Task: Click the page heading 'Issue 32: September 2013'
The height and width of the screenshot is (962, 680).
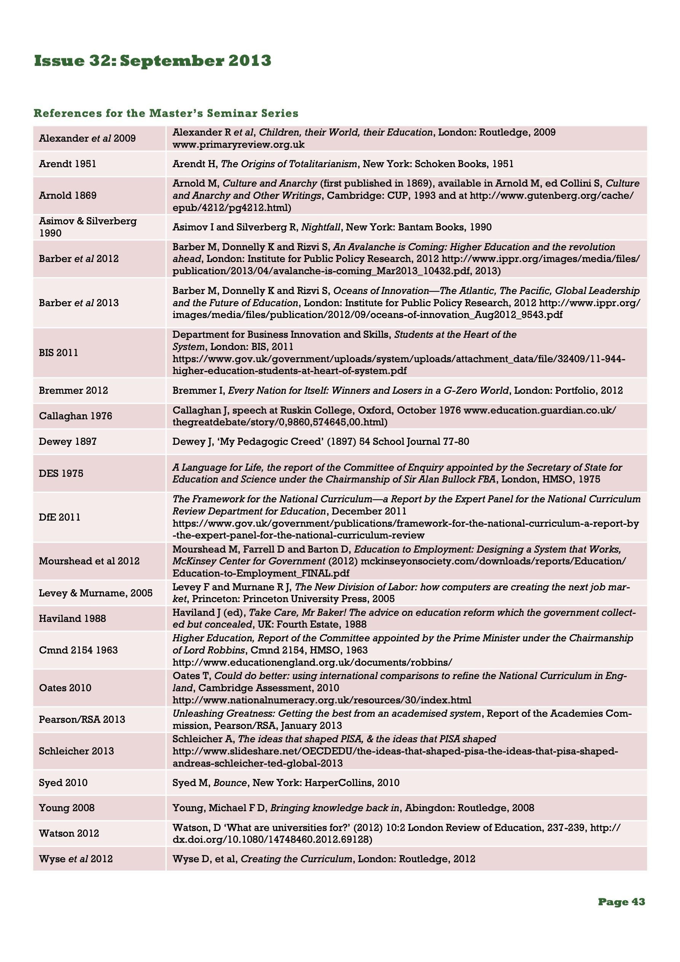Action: [153, 61]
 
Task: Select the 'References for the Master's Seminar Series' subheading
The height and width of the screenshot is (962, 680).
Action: [166, 113]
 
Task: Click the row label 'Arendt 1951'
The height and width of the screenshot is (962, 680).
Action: [67, 164]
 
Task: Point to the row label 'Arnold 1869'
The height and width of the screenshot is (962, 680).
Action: [67, 196]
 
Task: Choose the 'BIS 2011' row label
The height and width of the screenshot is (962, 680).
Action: [58, 353]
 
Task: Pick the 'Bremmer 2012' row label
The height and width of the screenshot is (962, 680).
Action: [73, 390]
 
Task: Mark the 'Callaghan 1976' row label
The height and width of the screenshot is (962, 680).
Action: [75, 416]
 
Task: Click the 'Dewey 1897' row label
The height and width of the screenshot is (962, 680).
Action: [67, 442]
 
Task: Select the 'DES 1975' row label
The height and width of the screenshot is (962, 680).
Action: [61, 473]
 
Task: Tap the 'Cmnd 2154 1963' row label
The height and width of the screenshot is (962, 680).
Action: [78, 650]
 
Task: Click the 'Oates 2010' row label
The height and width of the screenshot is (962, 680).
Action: [65, 688]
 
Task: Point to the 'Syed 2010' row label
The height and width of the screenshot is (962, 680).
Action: [63, 783]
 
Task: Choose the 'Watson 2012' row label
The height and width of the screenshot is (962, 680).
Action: [69, 833]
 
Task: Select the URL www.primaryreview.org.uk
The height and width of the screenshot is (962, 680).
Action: [238, 145]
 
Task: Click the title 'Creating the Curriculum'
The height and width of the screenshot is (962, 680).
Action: [297, 859]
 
